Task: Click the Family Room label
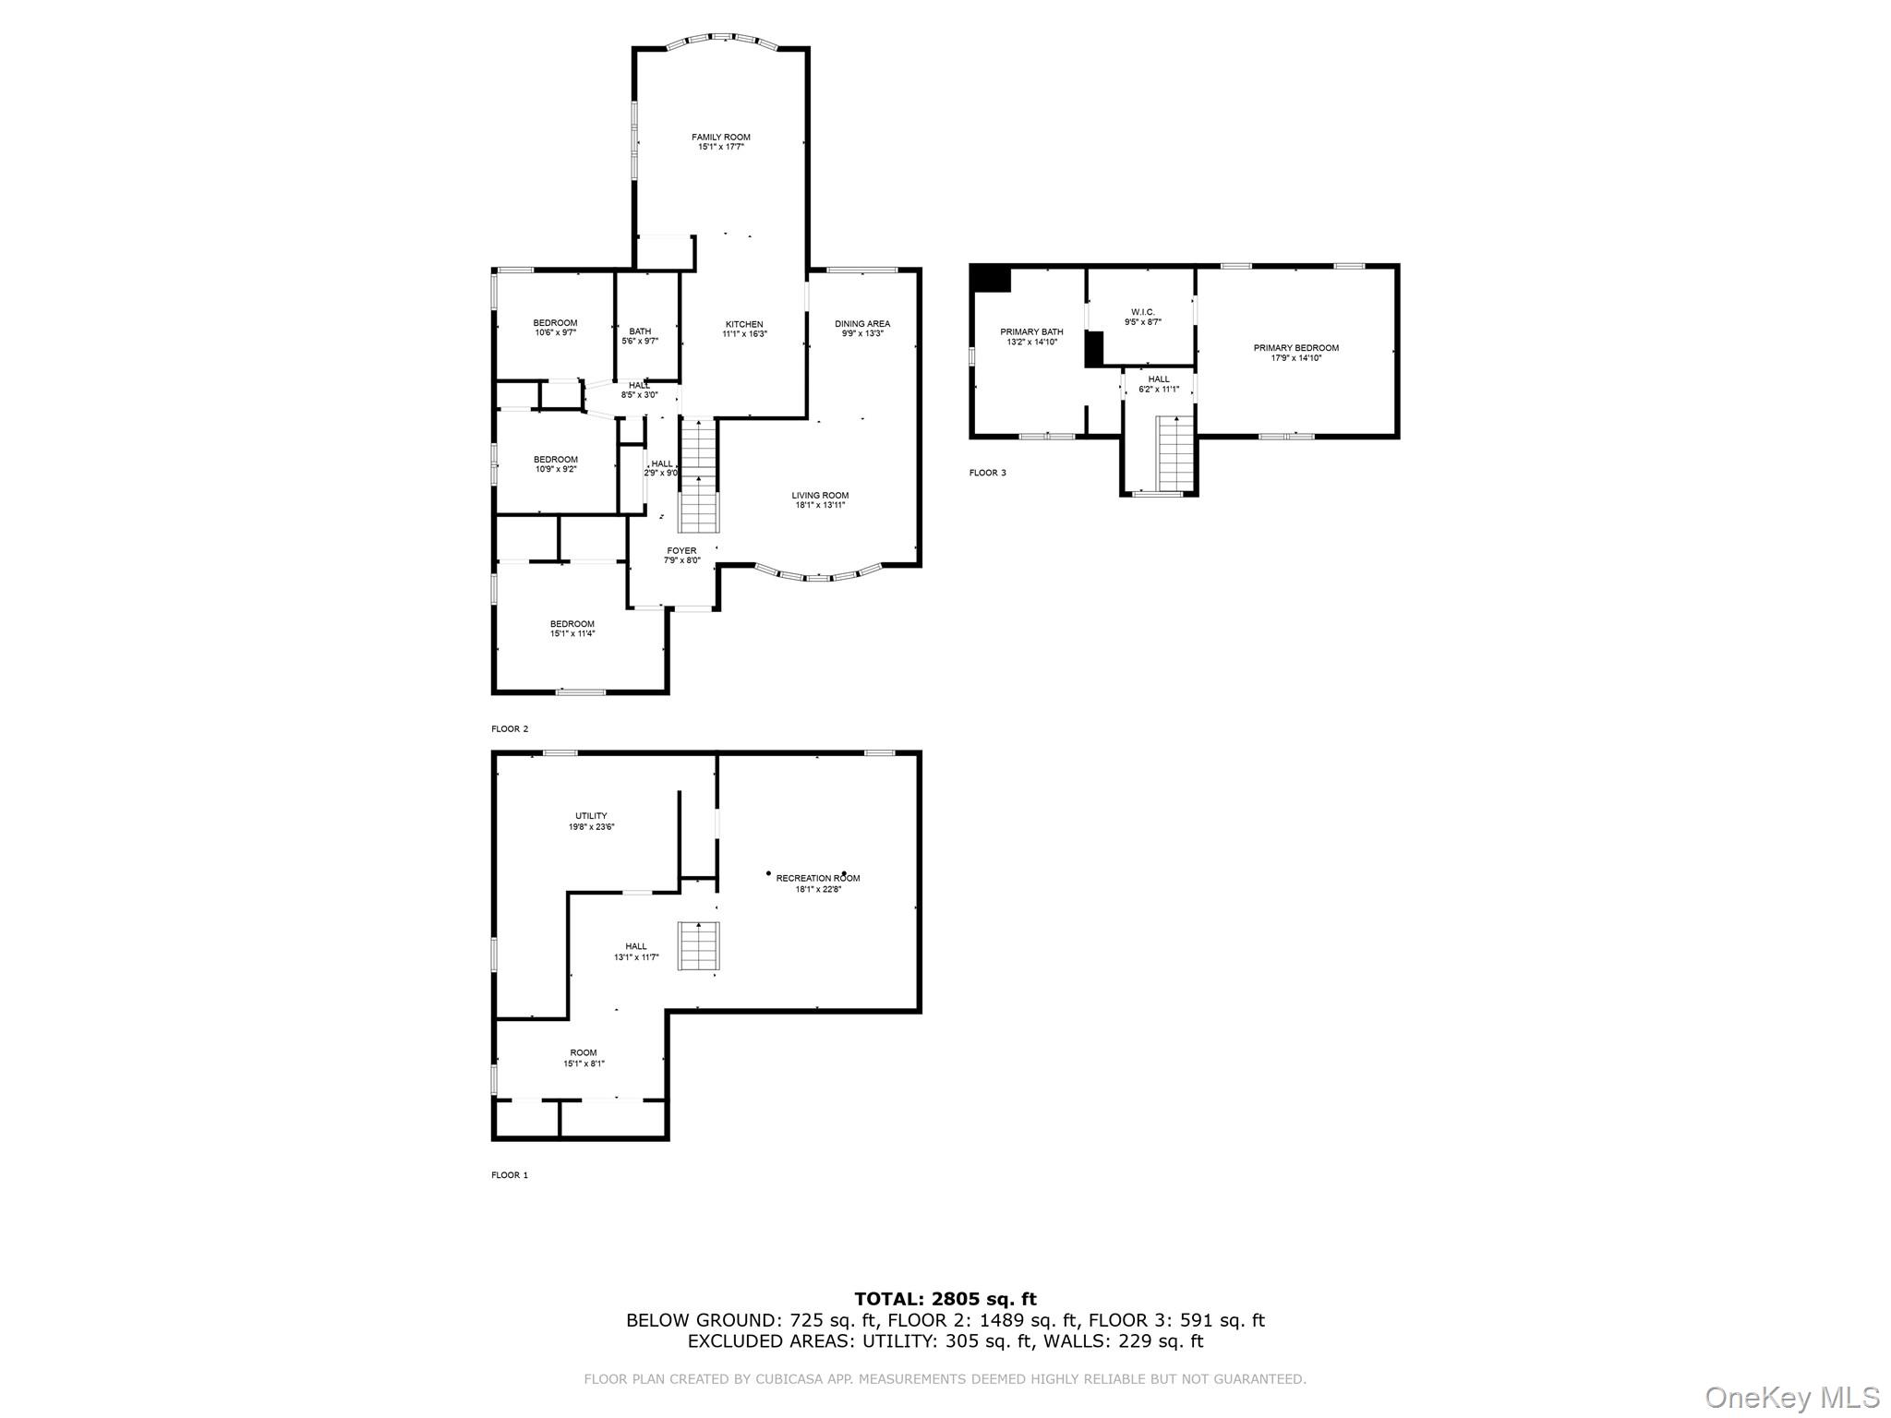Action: click(x=720, y=138)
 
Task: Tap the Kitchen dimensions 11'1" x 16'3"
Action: click(x=744, y=334)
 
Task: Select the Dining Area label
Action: click(x=862, y=324)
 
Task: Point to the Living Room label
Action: click(x=820, y=496)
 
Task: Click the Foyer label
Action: click(x=681, y=551)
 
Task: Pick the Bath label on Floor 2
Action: click(x=640, y=331)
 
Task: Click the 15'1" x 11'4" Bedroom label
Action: click(x=572, y=624)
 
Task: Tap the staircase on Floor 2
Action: click(x=698, y=476)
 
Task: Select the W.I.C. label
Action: click(x=1142, y=312)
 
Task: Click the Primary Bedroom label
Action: click(x=1295, y=348)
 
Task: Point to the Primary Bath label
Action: click(x=1031, y=331)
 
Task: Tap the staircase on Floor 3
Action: click(x=1174, y=453)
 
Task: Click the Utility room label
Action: click(x=591, y=816)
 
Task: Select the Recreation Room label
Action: click(x=817, y=878)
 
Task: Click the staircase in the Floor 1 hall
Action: click(x=699, y=945)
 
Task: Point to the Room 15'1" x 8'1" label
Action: click(x=584, y=1052)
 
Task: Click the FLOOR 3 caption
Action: click(x=987, y=473)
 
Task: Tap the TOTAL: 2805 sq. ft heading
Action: click(x=945, y=1300)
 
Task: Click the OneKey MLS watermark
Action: click(x=1791, y=1397)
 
